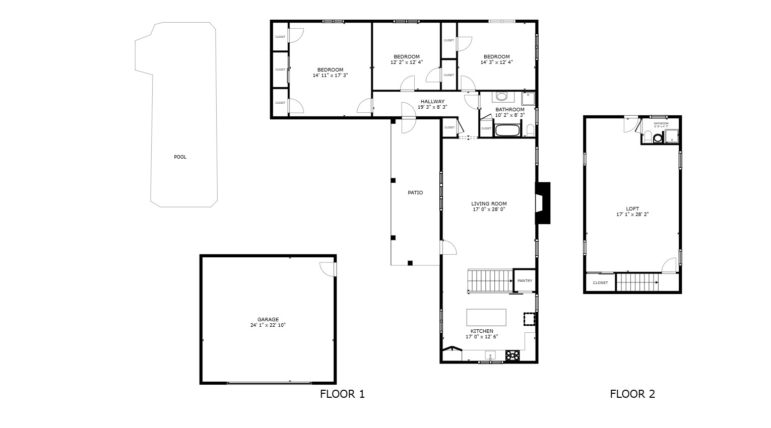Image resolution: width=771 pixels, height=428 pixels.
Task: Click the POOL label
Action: (x=180, y=157)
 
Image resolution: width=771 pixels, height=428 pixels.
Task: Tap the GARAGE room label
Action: (x=268, y=320)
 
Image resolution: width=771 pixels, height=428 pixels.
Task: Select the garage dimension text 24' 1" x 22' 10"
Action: (x=268, y=325)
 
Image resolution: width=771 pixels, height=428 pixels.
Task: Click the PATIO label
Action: (x=415, y=193)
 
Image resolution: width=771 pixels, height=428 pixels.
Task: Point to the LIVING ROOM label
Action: (x=488, y=204)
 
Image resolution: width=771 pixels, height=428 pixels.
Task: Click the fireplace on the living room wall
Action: (x=543, y=202)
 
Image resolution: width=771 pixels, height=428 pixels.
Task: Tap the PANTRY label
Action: (x=525, y=281)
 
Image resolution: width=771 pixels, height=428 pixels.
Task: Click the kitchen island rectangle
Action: (x=486, y=317)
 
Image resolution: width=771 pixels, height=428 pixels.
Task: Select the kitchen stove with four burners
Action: (x=512, y=355)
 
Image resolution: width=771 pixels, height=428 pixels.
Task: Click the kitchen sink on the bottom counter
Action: (x=490, y=355)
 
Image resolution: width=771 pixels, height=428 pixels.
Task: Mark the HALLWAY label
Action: (x=432, y=102)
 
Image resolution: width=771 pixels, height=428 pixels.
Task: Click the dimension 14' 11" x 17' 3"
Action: (x=330, y=75)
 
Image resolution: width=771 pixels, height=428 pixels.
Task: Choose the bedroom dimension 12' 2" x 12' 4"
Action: (x=406, y=62)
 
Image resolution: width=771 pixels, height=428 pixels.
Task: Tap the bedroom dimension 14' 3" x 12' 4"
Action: (x=496, y=62)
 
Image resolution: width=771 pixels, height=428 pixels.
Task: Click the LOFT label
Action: (x=632, y=209)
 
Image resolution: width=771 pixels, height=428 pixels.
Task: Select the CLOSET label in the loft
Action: (x=600, y=283)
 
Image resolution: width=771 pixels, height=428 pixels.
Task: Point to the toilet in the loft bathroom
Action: (x=658, y=137)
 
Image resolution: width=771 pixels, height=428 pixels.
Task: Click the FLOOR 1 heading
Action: (x=342, y=394)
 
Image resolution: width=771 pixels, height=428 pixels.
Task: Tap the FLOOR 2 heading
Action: (x=632, y=394)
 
